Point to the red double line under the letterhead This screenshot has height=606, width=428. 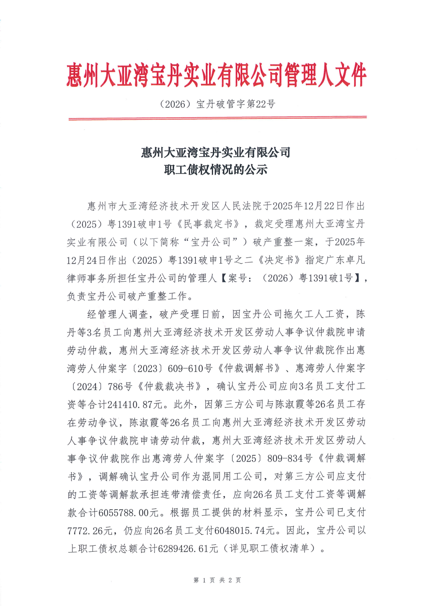217,118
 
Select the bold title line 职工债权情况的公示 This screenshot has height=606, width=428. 216,170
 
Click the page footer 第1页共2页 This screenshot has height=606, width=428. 217,580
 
